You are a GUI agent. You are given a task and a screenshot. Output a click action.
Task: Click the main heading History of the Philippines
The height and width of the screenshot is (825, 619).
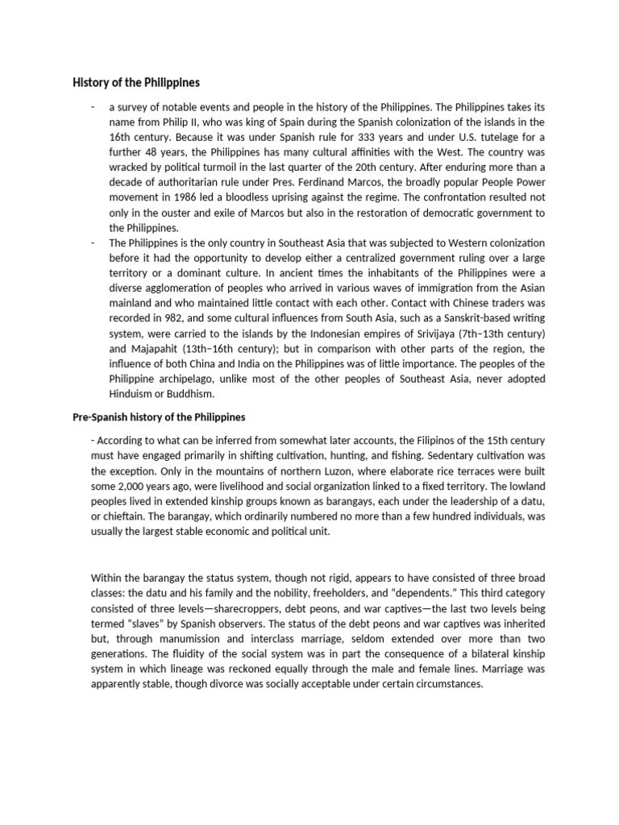click(137, 82)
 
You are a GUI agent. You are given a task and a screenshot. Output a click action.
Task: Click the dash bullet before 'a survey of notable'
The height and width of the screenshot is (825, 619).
click(94, 106)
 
